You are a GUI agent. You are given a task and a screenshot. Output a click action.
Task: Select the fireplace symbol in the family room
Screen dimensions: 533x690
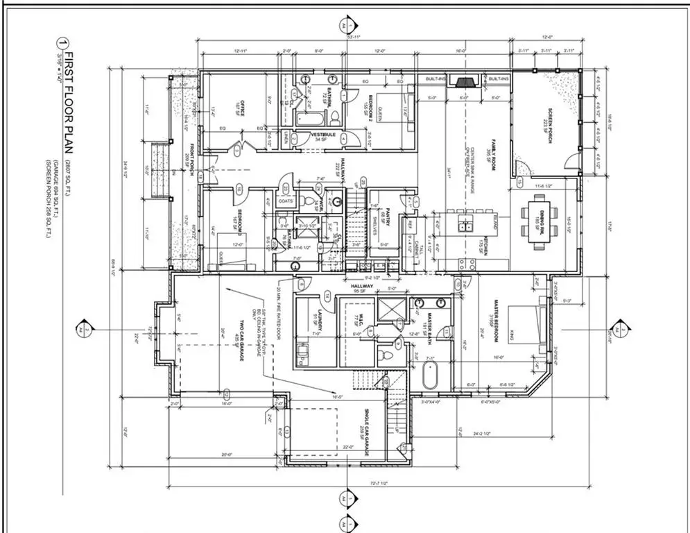(x=461, y=81)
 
